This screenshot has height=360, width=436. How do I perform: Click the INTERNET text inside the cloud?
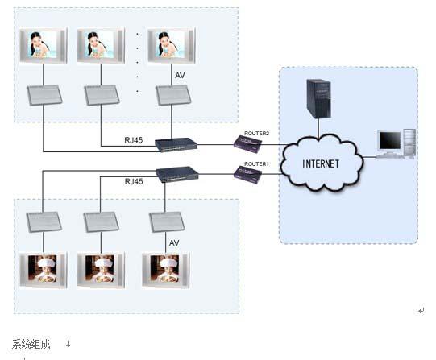tap(321, 163)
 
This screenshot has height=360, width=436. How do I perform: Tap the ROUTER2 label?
tap(256, 134)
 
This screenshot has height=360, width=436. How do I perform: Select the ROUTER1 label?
tap(256, 164)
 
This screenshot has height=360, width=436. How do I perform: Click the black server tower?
tap(318, 99)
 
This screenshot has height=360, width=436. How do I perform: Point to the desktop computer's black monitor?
tap(390, 141)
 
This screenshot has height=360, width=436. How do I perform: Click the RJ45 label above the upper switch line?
tap(134, 140)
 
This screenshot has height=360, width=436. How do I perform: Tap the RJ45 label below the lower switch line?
tap(134, 181)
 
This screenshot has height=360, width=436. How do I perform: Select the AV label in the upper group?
tap(180, 75)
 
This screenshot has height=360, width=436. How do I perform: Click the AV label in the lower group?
tap(174, 242)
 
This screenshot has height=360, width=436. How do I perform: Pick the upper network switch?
tap(176, 145)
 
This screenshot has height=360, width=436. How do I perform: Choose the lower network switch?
tap(177, 174)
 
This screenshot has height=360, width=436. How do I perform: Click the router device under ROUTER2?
tap(247, 144)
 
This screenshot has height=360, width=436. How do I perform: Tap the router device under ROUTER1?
tap(247, 175)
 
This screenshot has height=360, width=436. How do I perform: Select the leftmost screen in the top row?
tap(44, 46)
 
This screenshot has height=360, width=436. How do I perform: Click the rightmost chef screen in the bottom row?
tap(166, 270)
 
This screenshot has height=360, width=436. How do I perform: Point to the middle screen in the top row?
tap(101, 46)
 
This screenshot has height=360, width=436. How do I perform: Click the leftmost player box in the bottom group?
tap(44, 222)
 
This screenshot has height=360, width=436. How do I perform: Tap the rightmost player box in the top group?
tap(173, 95)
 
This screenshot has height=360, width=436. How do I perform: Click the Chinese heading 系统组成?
tap(31, 344)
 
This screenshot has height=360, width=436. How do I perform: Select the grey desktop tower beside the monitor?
tap(409, 143)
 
